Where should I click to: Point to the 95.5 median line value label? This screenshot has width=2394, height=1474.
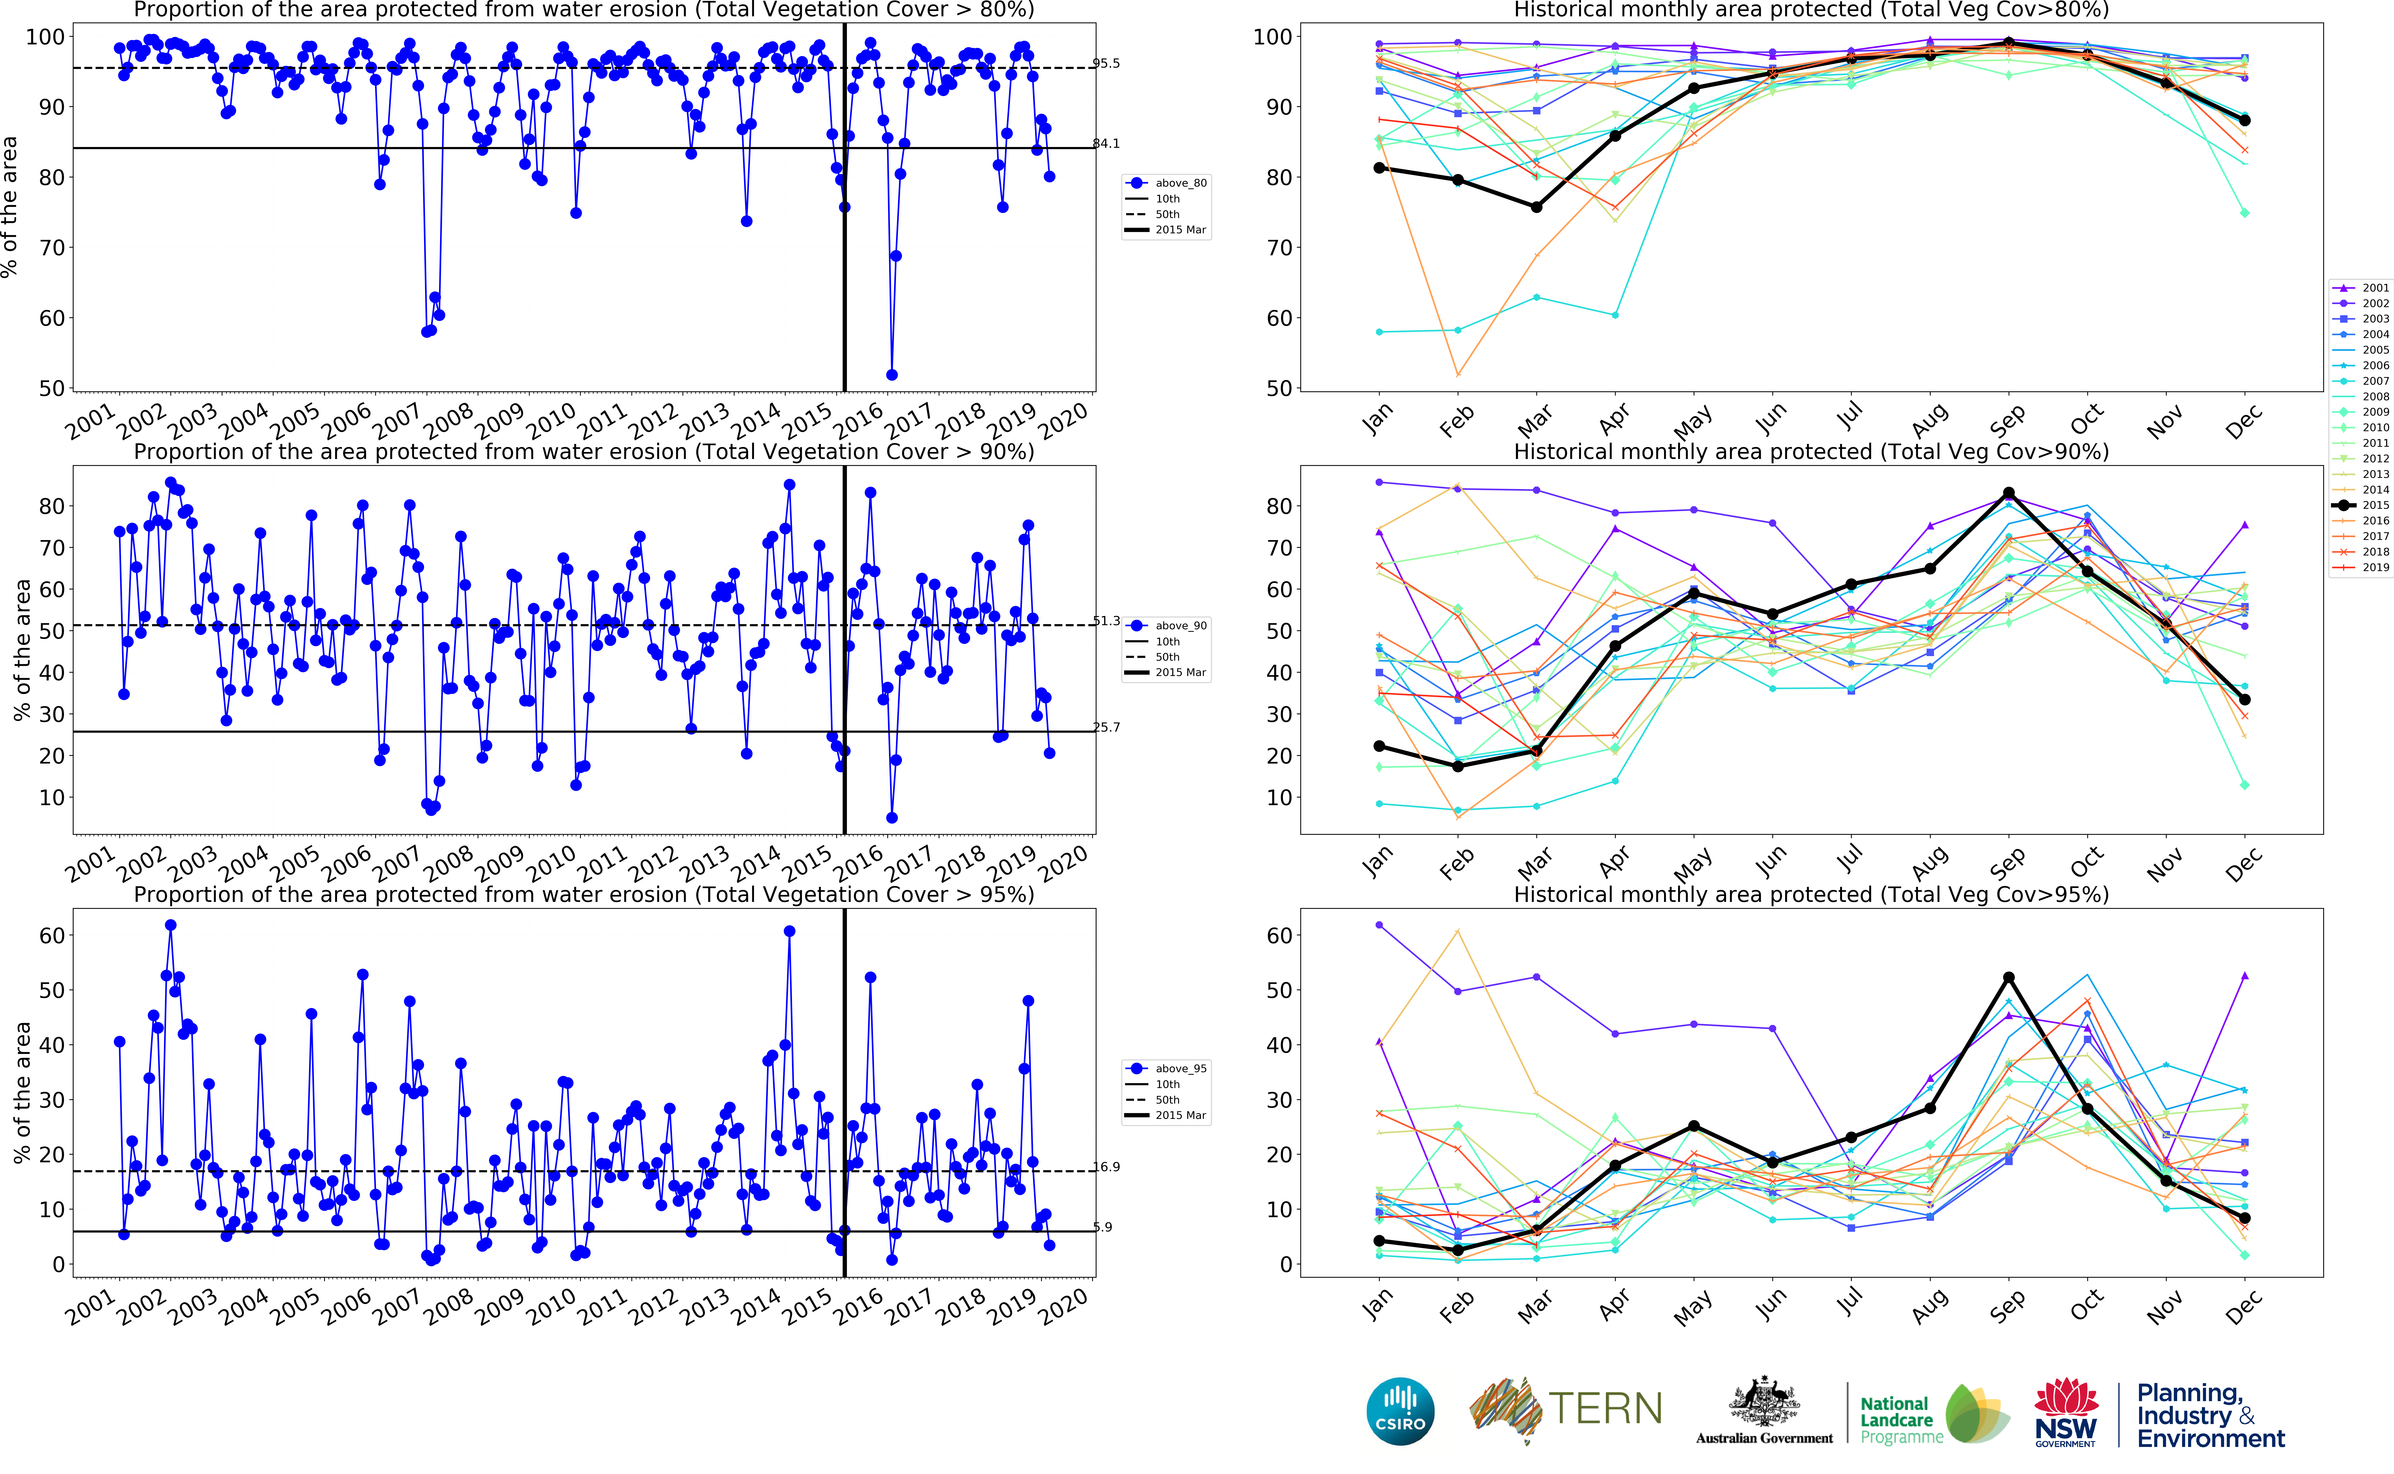pyautogui.click(x=1106, y=63)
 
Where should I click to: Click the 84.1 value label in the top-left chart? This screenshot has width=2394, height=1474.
pyautogui.click(x=1106, y=143)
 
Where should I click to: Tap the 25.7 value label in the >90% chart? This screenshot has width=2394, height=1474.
pyautogui.click(x=1106, y=727)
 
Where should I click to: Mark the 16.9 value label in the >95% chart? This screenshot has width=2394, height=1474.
pyautogui.click(x=1106, y=1167)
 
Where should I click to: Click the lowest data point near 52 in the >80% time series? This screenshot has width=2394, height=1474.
pyautogui.click(x=891, y=374)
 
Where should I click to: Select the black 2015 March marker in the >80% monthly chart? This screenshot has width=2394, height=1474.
pyautogui.click(x=1536, y=207)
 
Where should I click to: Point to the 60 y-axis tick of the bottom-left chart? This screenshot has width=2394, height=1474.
pyautogui.click(x=51, y=936)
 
